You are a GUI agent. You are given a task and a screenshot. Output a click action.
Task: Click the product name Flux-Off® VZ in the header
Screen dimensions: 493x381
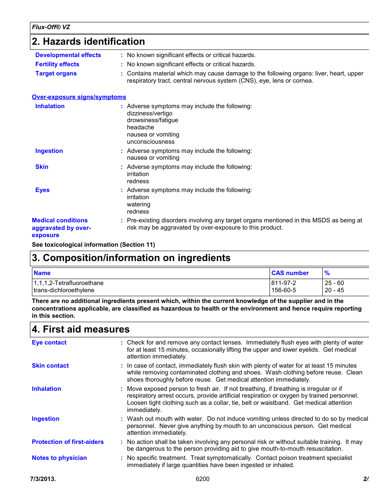pyautogui.click(x=51, y=27)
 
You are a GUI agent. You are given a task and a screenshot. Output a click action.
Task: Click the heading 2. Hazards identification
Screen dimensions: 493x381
pyautogui.click(x=88, y=42)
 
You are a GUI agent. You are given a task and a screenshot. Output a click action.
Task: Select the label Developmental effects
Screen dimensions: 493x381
pyautogui.click(x=68, y=55)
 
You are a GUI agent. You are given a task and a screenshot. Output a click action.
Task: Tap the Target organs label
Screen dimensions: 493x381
pyautogui.click(x=56, y=73)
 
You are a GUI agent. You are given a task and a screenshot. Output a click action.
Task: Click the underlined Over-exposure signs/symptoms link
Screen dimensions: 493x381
pyautogui.click(x=79, y=97)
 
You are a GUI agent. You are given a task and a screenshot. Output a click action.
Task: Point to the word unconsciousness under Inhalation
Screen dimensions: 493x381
pyautogui.click(x=151, y=142)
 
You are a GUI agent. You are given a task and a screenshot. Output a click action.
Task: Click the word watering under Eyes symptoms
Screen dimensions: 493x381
pyautogui.click(x=139, y=204)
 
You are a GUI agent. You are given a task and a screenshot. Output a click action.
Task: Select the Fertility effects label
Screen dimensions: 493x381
pyautogui.click(x=57, y=64)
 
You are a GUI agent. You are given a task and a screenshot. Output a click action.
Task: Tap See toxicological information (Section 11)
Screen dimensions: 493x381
pyautogui.click(x=93, y=245)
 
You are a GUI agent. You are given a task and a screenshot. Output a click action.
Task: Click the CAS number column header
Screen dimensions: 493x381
pyautogui.click(x=290, y=273)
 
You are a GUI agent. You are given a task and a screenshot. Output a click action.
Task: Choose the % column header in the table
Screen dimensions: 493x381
pyautogui.click(x=327, y=273)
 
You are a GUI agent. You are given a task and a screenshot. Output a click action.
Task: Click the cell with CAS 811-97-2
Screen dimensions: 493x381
pyautogui.click(x=284, y=283)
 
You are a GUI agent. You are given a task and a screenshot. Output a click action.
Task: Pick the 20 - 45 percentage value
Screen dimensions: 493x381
pyautogui.click(x=334, y=290)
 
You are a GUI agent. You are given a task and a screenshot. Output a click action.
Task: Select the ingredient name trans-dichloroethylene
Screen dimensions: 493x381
pyautogui.click(x=64, y=290)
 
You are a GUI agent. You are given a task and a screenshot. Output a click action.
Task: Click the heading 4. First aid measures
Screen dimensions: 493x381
pyautogui.click(x=81, y=329)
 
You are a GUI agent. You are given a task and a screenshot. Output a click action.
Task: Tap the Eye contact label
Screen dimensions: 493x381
pyautogui.click(x=49, y=343)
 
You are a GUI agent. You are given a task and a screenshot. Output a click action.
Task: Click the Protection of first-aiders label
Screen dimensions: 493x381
pyautogui.click(x=67, y=442)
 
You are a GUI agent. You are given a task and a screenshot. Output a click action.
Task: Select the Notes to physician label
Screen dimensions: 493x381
pyautogui.click(x=59, y=458)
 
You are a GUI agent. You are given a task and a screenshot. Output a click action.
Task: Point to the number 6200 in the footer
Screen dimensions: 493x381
pyautogui.click(x=202, y=479)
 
